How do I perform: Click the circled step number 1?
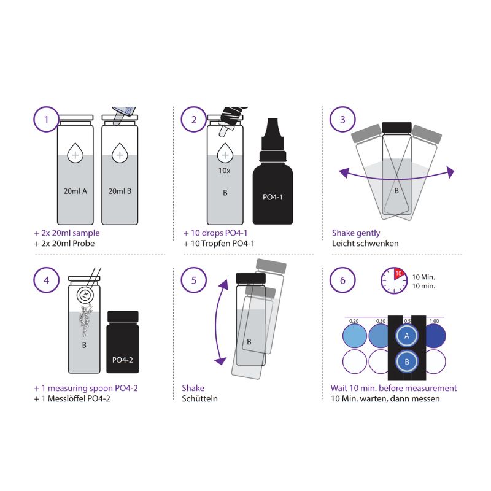[x=46, y=119]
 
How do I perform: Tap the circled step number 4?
[x=46, y=280]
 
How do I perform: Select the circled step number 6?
[x=342, y=280]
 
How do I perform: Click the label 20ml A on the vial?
[x=75, y=190]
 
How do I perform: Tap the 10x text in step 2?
[x=224, y=170]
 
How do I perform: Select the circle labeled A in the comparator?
[x=406, y=336]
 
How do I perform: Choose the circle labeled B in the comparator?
[x=406, y=361]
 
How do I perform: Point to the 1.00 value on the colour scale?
[x=435, y=320]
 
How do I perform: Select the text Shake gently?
[x=356, y=233]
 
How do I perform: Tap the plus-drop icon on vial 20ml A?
[x=75, y=155]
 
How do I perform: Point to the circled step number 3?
[x=342, y=119]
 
